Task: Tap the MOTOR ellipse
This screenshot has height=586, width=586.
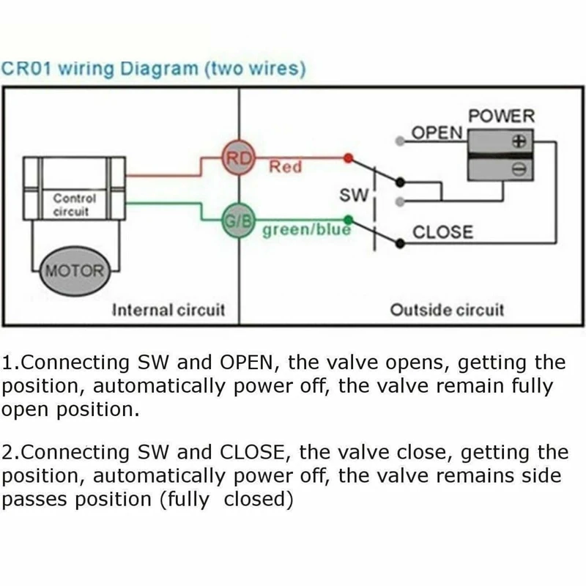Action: [x=75, y=270]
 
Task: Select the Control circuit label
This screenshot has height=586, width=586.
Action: [x=74, y=205]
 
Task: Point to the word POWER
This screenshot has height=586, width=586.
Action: [x=502, y=116]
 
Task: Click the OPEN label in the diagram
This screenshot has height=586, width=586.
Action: [x=437, y=133]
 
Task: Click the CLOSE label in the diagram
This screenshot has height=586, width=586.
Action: [x=443, y=233]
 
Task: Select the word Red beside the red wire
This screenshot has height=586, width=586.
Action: [x=285, y=167]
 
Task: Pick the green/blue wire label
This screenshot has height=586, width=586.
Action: [x=306, y=230]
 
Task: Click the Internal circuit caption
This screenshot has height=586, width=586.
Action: [x=168, y=309]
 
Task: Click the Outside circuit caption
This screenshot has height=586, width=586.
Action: [x=447, y=309]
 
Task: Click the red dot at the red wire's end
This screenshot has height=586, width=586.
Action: [x=348, y=157]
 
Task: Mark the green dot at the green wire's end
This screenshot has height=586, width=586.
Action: [x=349, y=218]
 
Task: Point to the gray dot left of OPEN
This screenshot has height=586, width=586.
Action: [x=398, y=140]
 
